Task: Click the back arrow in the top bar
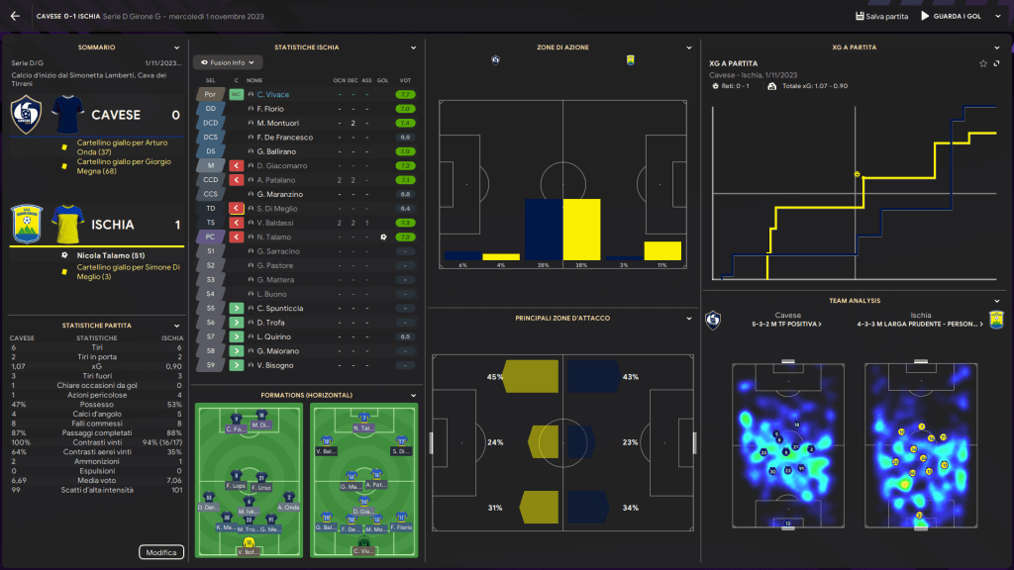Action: [x=15, y=16]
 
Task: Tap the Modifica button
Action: [x=160, y=552]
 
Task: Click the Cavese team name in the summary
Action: [x=116, y=115]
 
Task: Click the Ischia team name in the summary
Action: [x=113, y=225]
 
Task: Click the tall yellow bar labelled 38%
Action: [x=581, y=229]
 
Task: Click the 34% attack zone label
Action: [x=631, y=508]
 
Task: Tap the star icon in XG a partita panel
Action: [x=983, y=63]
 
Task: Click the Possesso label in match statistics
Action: [x=97, y=404]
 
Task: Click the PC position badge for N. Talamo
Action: [x=210, y=237]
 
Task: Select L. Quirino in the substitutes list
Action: [x=276, y=337]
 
